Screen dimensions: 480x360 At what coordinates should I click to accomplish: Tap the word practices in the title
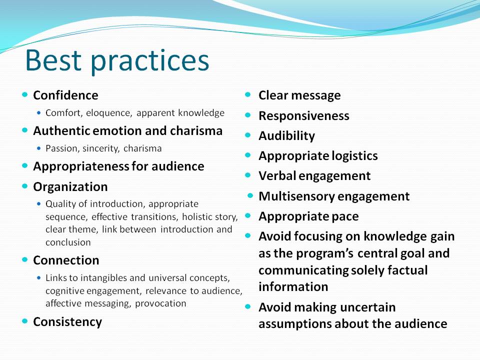150,62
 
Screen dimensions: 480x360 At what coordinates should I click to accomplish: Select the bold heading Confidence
65,95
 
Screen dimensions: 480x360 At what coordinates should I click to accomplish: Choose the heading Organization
70,186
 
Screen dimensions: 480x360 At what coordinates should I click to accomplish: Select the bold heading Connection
66,260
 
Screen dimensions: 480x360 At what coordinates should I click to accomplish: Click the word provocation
160,303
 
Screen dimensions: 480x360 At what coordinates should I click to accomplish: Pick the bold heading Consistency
67,322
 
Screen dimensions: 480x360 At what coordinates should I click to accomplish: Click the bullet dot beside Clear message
248,94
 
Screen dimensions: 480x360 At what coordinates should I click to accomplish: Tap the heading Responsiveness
304,116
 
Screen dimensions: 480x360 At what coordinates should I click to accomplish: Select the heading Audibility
286,136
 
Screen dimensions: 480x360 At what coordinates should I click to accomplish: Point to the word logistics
355,156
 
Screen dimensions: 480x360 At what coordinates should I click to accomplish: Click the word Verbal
277,175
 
